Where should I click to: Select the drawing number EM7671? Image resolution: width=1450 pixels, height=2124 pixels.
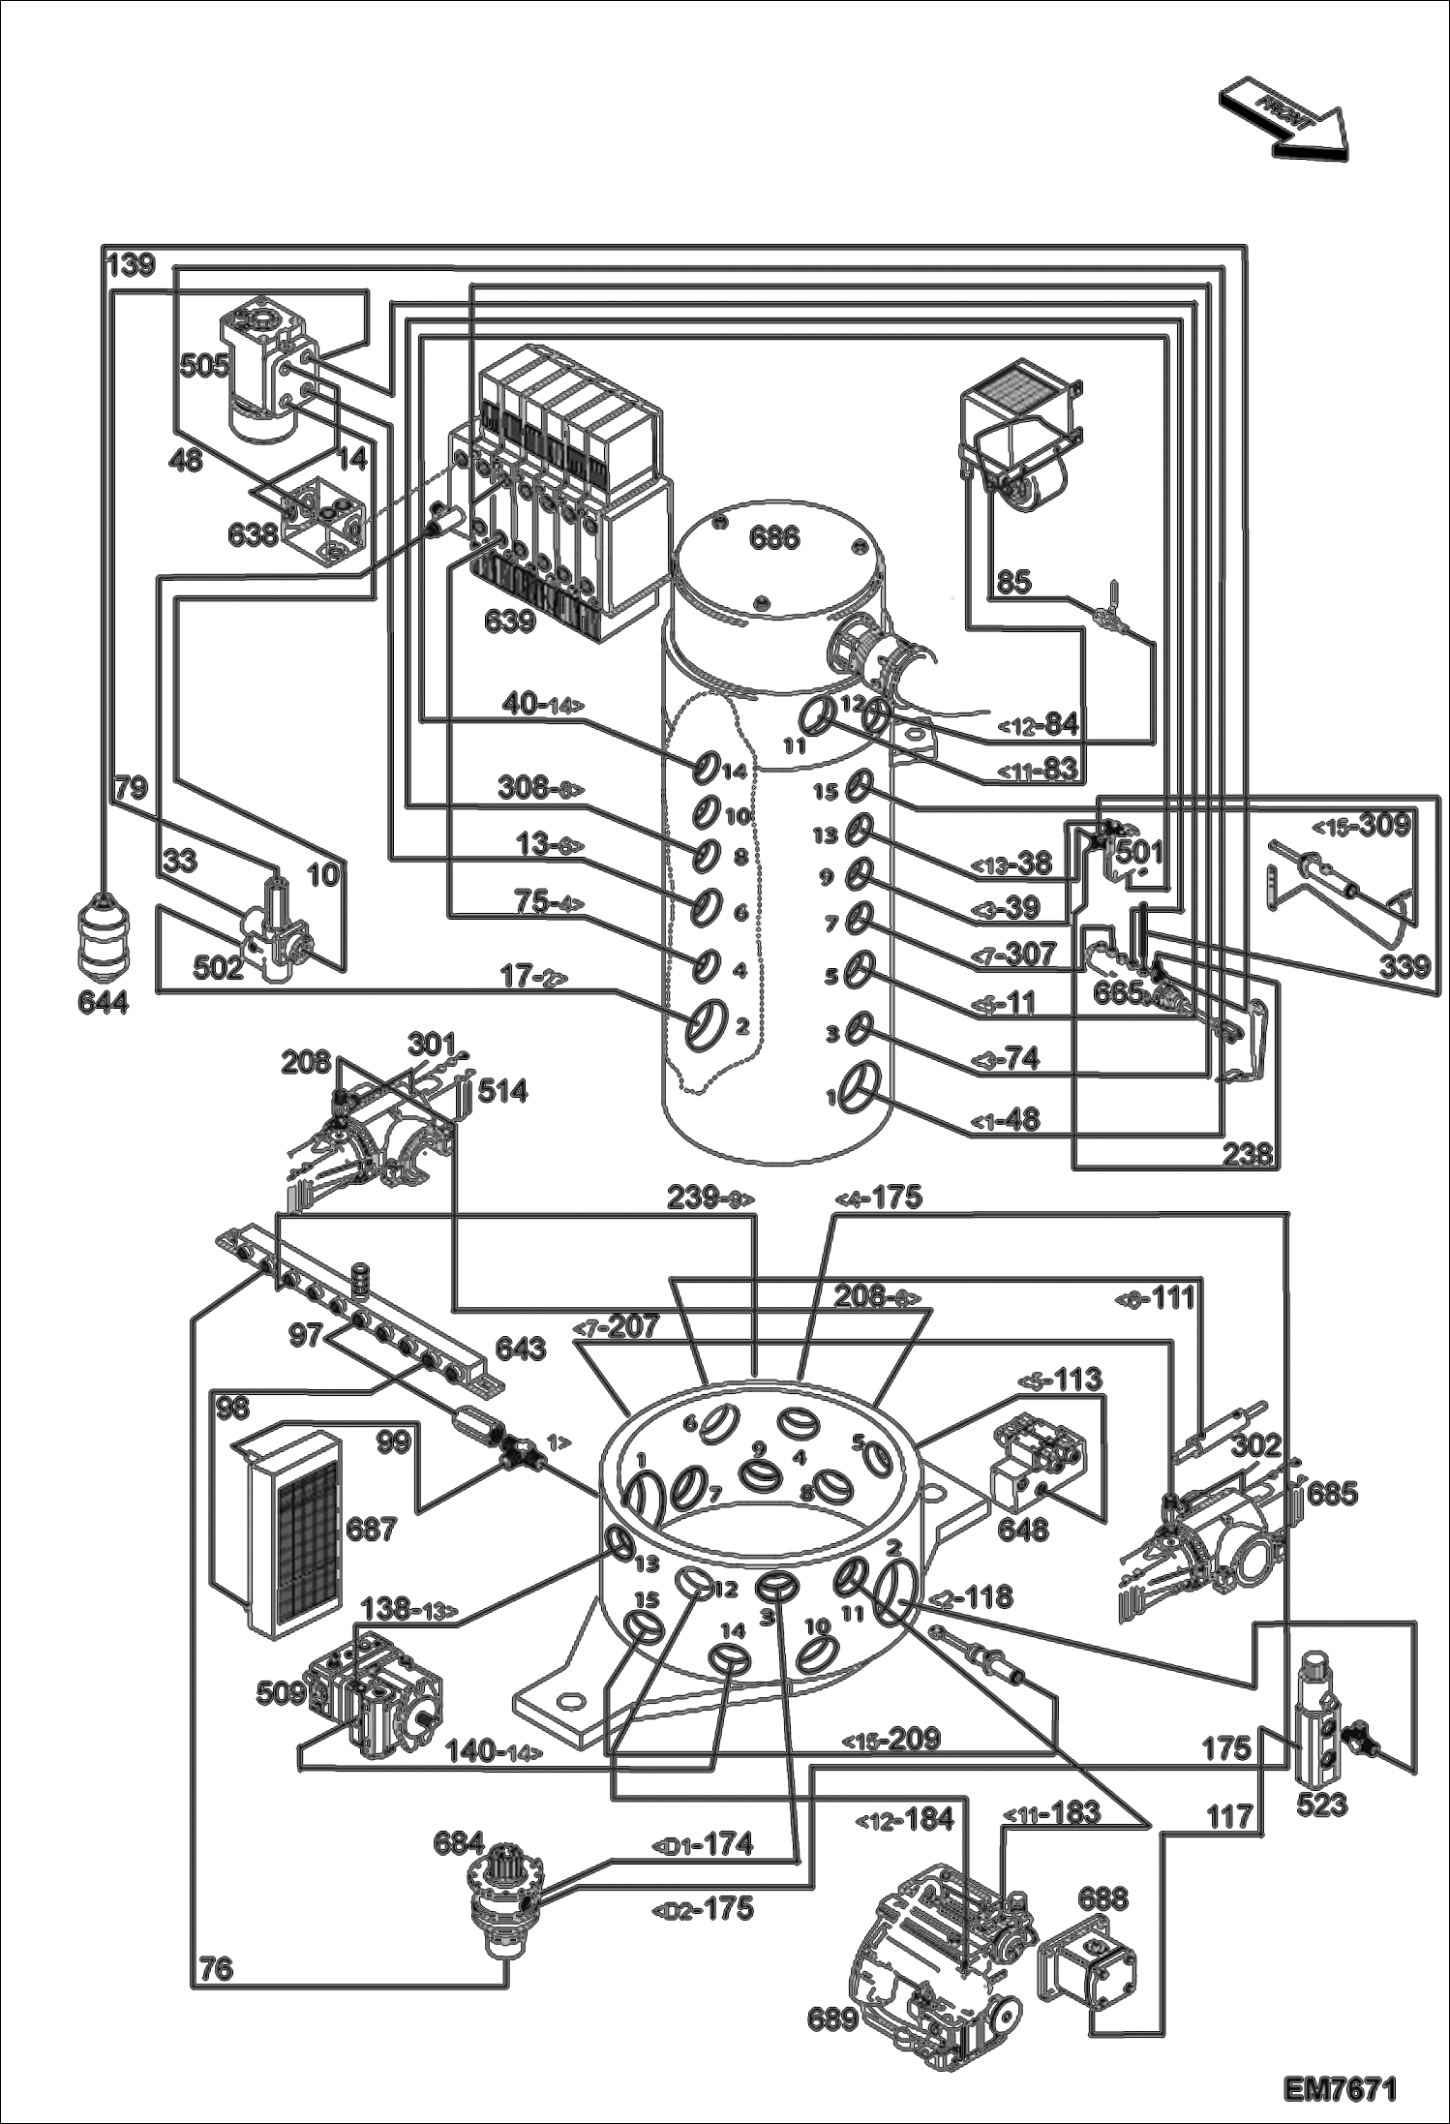pos(1341,2090)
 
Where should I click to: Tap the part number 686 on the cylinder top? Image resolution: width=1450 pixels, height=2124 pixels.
pos(774,537)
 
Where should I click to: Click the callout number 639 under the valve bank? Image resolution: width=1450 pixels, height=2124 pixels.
pos(510,621)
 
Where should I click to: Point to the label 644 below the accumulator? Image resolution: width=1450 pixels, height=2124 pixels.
pos(103,1003)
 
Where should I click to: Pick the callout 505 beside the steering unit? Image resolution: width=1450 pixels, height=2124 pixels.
pos(204,365)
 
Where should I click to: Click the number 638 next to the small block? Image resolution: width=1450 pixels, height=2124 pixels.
pos(254,533)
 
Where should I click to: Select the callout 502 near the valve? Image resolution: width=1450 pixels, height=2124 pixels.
pos(218,967)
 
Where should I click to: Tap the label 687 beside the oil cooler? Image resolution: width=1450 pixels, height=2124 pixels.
pos(372,1530)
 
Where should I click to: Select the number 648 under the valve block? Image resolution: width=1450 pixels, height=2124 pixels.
pos(1023,1529)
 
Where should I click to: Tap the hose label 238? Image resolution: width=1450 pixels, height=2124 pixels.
pos(1248,1154)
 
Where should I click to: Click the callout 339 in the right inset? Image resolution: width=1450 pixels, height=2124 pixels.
pos(1404,966)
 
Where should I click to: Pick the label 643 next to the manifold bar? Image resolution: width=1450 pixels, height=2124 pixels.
pos(521,1349)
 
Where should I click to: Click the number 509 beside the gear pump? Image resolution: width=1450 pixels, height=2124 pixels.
pos(282,1693)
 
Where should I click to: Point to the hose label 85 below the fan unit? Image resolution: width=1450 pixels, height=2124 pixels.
pos(1014,582)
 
